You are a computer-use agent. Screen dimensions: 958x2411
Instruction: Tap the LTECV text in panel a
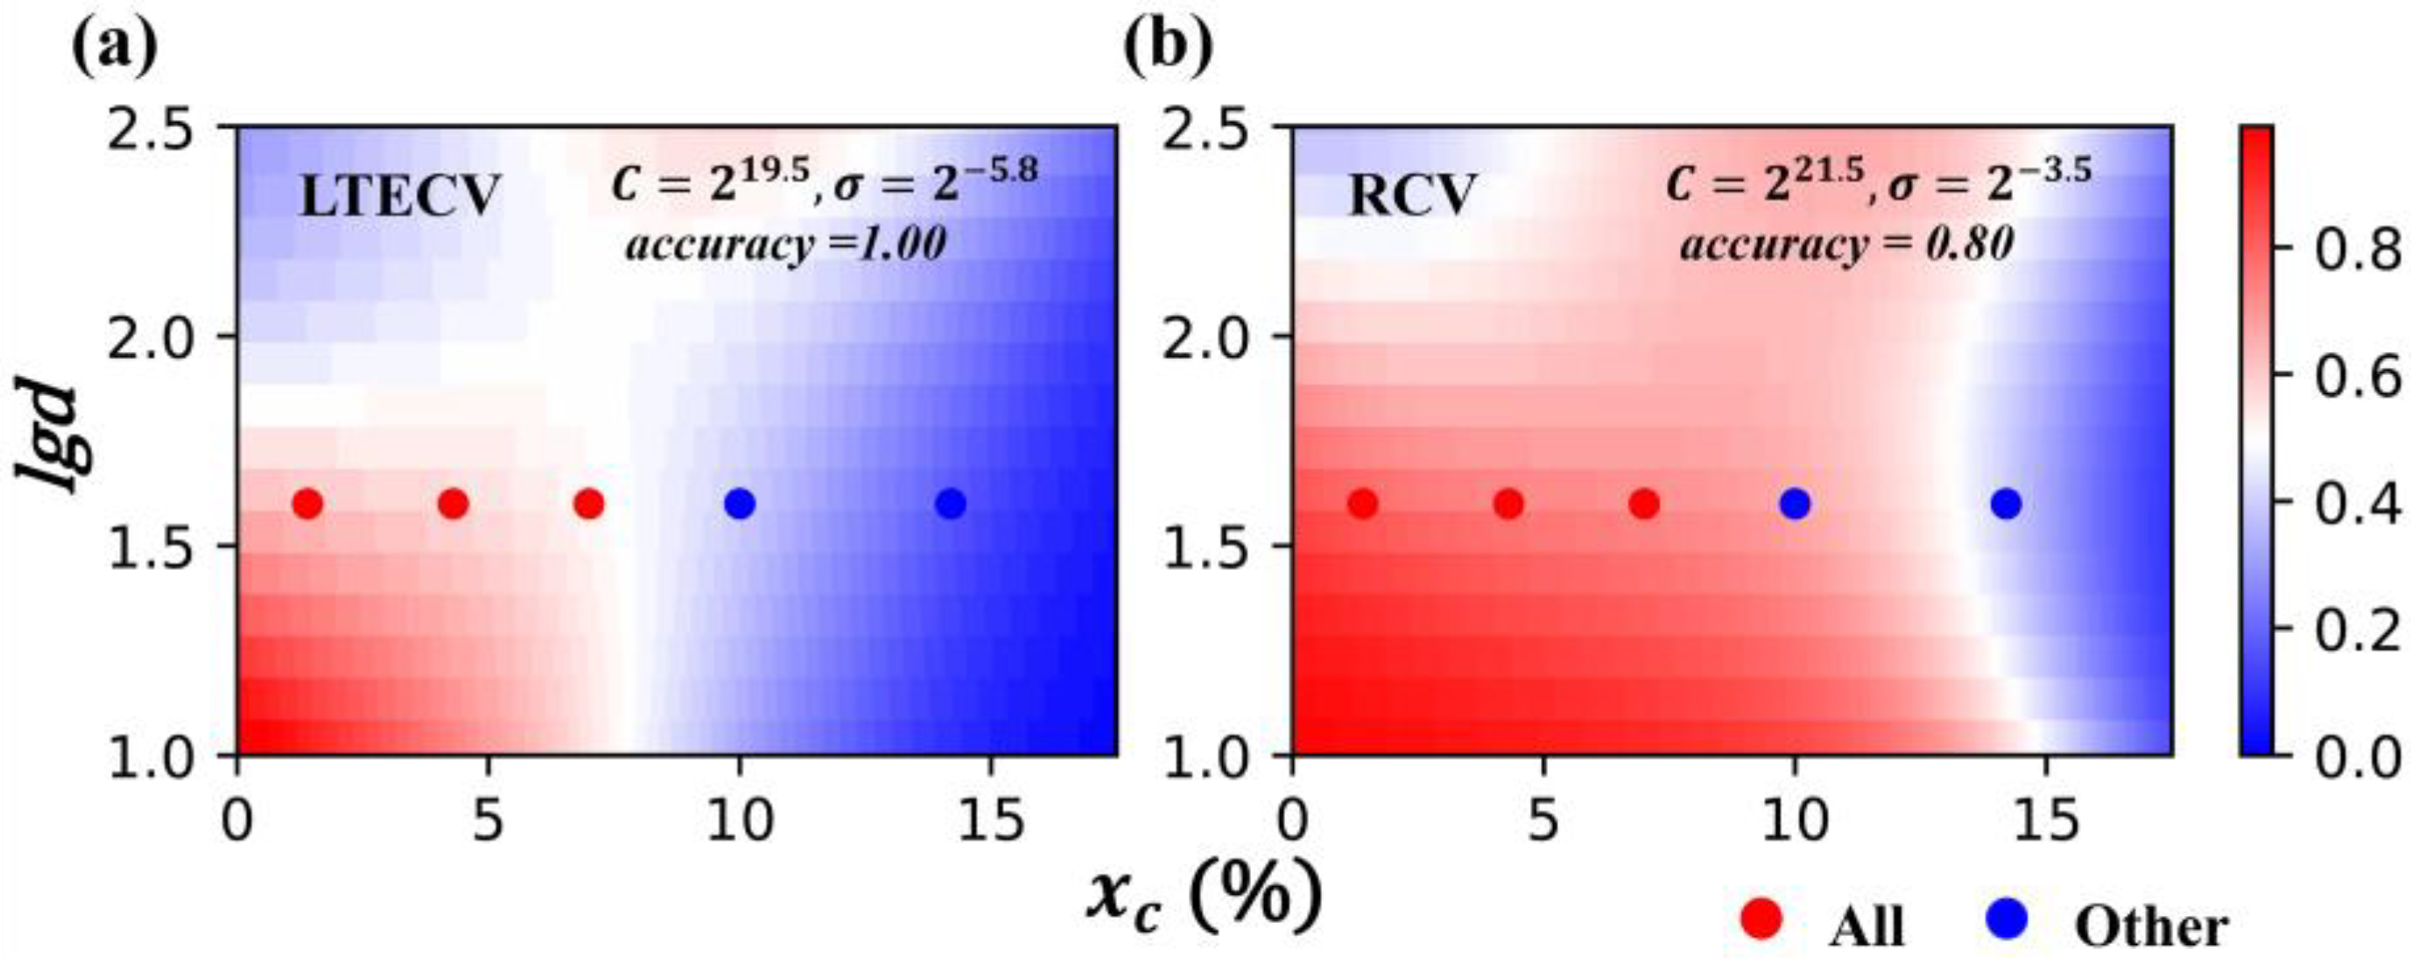[400, 198]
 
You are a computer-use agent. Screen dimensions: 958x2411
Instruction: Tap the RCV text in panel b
[1410, 198]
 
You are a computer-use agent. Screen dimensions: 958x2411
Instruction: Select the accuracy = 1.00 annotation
[785, 245]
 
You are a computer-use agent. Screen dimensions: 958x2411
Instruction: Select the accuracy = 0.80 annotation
[1845, 245]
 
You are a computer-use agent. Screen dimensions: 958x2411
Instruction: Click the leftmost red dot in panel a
[308, 504]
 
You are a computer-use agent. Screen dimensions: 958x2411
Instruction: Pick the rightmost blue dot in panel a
[950, 504]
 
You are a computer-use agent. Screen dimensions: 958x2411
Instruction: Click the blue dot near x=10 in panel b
[1794, 504]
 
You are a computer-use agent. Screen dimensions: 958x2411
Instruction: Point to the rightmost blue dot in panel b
[2006, 504]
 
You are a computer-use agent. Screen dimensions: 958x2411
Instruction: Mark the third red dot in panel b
[1643, 504]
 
